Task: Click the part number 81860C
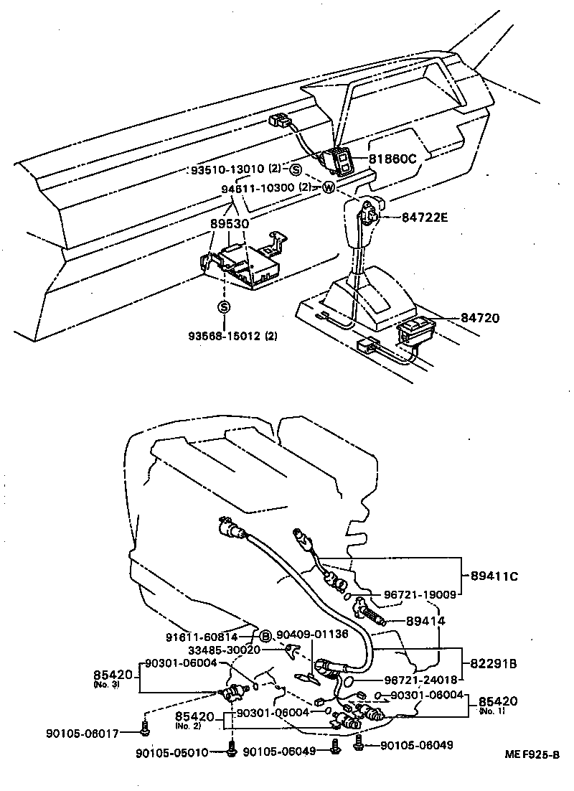[392, 159]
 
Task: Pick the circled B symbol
[264, 635]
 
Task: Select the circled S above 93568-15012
[224, 306]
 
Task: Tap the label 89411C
[496, 576]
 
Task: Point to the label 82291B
[494, 663]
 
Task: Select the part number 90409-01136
[312, 634]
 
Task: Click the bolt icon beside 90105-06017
[143, 731]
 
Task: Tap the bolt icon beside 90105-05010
[232, 752]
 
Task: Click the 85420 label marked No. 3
[113, 676]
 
